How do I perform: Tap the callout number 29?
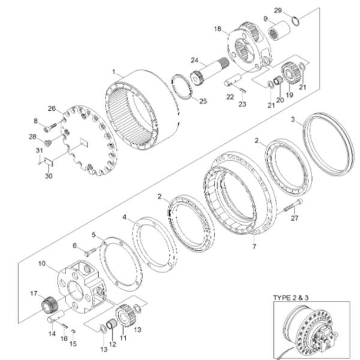(294, 10)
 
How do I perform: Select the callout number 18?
(218, 28)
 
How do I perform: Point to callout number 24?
(194, 59)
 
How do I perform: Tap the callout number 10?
(42, 263)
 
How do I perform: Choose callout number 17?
(34, 293)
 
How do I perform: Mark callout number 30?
(49, 175)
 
